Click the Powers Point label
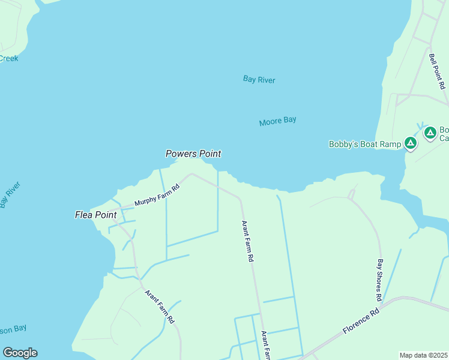pos(193,154)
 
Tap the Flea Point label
pos(95,215)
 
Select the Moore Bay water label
pos(277,121)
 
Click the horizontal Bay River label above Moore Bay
pos(259,79)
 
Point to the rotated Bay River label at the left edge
pos(10,194)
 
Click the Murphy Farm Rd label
pos(157,195)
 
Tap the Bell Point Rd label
pos(436,71)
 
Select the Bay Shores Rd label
pos(379,280)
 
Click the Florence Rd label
pos(361,322)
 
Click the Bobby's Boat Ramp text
pos(364,144)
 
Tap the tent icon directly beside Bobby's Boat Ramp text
pos(410,143)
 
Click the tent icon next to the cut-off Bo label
pos(430,133)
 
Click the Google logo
pos(20,353)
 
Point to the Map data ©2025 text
pos(423,355)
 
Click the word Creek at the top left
pos(8,58)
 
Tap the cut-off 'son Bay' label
pos(13,329)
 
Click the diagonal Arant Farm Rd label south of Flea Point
pos(159,307)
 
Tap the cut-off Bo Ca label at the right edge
pos(444,134)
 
